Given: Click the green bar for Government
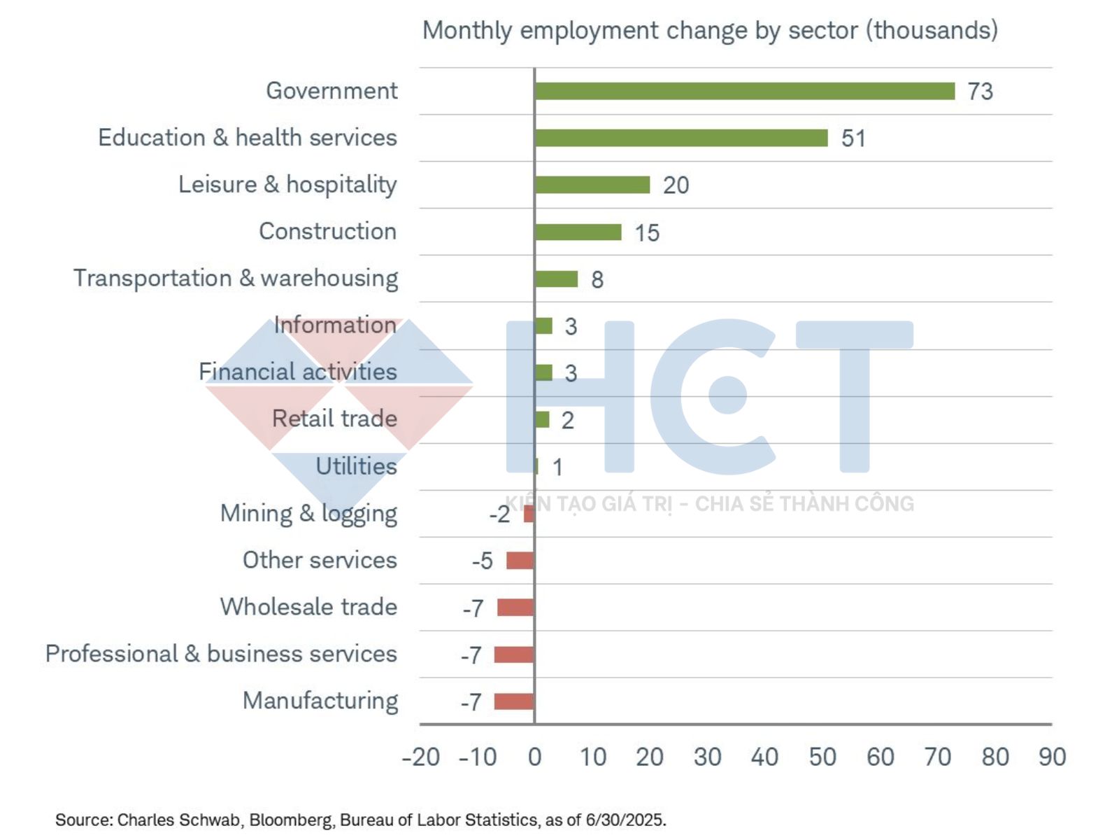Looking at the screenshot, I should click(x=744, y=91).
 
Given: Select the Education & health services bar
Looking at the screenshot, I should click(x=680, y=138).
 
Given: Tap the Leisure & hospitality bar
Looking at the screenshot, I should click(x=592, y=185).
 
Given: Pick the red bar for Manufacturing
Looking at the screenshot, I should click(x=514, y=701).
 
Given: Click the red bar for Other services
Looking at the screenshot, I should click(x=520, y=561).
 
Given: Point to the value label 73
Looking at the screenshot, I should click(x=980, y=92).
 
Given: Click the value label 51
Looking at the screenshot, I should click(x=853, y=139).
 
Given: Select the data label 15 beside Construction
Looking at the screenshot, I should click(x=647, y=233).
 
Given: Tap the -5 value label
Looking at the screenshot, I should click(x=482, y=561).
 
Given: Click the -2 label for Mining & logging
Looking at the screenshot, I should click(x=499, y=514).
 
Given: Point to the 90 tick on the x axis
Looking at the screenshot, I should click(x=1052, y=757).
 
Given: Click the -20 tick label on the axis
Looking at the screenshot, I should click(x=421, y=757).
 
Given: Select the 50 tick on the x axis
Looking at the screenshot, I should click(x=822, y=757).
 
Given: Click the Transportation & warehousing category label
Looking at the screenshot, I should click(x=236, y=279).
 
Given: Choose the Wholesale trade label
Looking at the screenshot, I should click(x=308, y=607).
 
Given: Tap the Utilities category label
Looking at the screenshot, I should click(x=356, y=466).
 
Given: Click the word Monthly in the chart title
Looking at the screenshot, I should click(x=468, y=31).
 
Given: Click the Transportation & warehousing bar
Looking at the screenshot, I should click(x=556, y=279).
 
